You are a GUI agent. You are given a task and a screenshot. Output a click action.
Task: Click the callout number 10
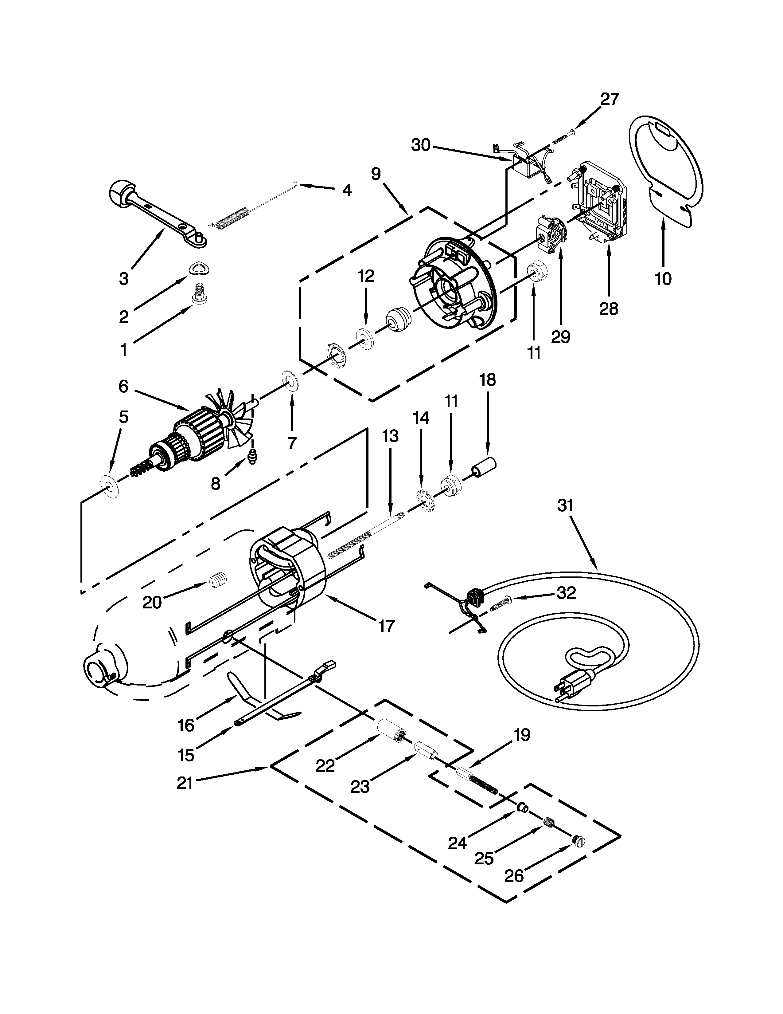coord(663,279)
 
